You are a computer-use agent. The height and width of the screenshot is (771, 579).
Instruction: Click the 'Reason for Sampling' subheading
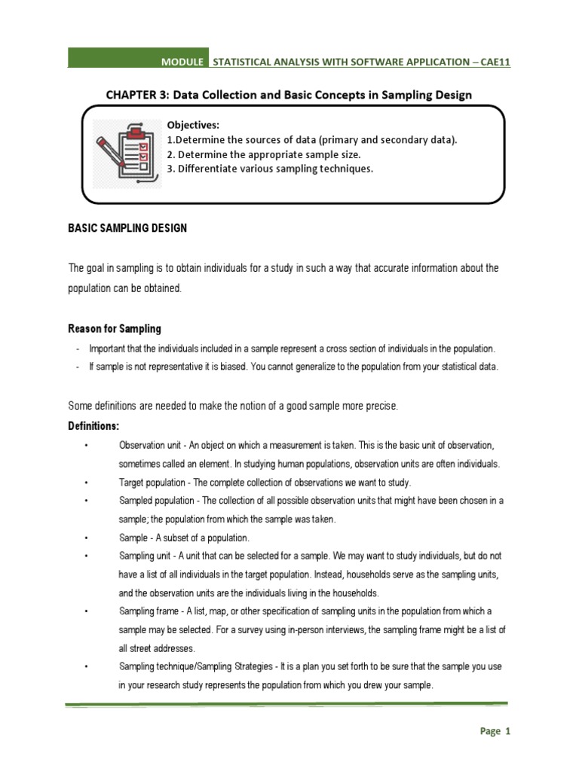(114, 329)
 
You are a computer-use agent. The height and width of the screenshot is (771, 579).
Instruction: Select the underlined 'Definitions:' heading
(93, 425)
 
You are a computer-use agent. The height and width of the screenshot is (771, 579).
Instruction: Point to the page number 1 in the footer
(508, 730)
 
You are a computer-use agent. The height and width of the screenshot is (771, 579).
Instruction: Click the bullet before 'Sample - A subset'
(88, 538)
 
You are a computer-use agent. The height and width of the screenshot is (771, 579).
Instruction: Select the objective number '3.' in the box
(171, 168)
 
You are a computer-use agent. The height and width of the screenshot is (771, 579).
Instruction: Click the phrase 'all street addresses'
(157, 648)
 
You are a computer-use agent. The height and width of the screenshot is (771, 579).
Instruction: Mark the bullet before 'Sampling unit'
(88, 556)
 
